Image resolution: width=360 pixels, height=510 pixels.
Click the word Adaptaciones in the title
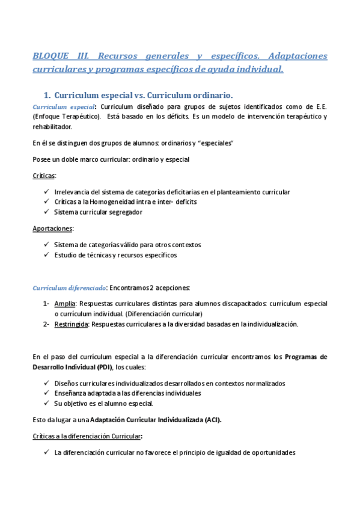pos(298,57)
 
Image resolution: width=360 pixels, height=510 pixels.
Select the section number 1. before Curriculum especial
pos(46,95)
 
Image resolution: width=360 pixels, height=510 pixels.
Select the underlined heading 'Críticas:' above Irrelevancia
pos(44,176)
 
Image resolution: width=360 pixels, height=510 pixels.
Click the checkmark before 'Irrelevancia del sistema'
pos(47,192)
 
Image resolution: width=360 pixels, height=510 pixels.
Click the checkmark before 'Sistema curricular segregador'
pos(47,212)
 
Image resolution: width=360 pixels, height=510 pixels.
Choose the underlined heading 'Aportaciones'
pos(53,229)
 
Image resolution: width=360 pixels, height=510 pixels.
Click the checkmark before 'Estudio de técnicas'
pos(47,255)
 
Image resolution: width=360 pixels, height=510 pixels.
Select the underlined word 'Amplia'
pos(65,304)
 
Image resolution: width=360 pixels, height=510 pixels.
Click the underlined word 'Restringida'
pos(72,324)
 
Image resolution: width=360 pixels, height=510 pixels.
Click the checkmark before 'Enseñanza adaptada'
pos(47,393)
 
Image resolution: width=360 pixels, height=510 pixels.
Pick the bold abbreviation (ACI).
pos(213,420)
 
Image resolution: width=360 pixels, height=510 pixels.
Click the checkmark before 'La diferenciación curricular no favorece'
pos(47,452)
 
